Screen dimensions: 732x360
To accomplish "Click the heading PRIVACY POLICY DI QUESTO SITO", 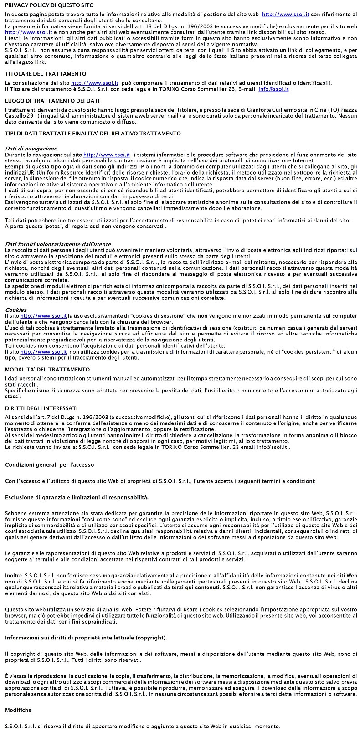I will click(x=49, y=5).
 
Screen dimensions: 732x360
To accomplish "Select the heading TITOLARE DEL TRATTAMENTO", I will click(x=46, y=74).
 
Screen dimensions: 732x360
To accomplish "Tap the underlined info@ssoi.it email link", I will click(x=273, y=89).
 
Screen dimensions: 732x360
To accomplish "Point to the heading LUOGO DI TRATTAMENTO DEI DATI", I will click(x=52, y=101).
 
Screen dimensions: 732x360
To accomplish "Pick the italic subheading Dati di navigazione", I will click(x=31, y=149).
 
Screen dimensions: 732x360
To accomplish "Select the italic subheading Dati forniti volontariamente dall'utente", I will click(x=58, y=244).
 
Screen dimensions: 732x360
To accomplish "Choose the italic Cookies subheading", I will click(x=15, y=310).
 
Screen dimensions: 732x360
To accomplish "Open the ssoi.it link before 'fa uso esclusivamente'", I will click(x=43, y=316).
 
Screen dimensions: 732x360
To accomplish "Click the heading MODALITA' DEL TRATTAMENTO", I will click(x=47, y=370).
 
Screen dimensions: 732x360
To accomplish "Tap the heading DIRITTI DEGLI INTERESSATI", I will click(x=41, y=408).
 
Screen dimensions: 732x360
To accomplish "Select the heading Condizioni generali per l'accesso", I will click(x=49, y=465).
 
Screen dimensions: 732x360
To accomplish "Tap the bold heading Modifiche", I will click(x=18, y=710).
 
